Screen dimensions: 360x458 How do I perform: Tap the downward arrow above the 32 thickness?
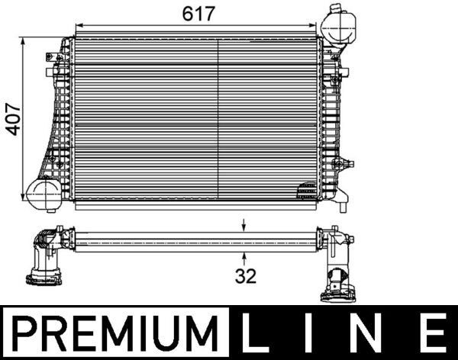[244, 224]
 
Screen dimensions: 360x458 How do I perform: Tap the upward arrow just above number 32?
[244, 259]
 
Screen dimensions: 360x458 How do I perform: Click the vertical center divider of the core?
[219, 118]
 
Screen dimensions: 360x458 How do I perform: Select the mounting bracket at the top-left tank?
[55, 58]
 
